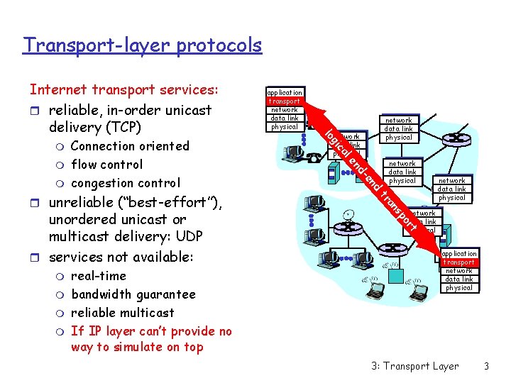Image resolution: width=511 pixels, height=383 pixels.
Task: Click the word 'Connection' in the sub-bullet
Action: click(x=100, y=146)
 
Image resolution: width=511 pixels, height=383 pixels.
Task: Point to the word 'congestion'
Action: click(x=101, y=183)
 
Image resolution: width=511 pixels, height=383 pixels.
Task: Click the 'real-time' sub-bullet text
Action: click(x=99, y=276)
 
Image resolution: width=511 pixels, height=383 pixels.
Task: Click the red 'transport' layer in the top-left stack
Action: click(x=284, y=101)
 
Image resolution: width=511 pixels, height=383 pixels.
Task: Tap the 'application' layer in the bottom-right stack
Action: click(x=459, y=254)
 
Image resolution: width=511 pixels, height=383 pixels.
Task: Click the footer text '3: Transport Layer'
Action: click(x=414, y=366)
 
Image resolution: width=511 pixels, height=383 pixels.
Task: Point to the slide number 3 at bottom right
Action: click(x=486, y=366)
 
